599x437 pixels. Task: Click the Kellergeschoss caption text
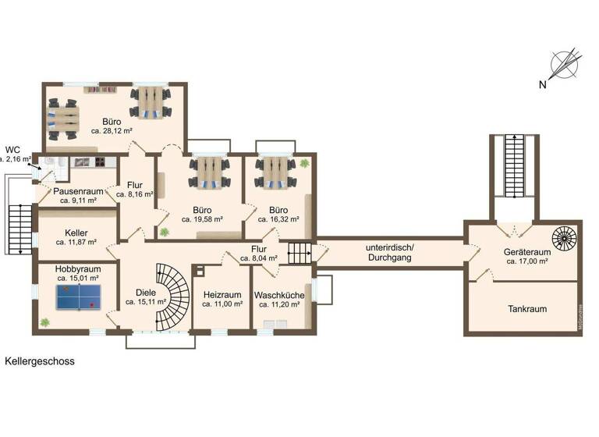[40, 362]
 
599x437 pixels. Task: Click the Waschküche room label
[279, 295]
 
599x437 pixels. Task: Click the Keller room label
[76, 233]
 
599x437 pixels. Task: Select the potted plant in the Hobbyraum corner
[45, 322]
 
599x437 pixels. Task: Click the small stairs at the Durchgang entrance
[299, 252]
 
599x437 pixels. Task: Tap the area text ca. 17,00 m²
[528, 262]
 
